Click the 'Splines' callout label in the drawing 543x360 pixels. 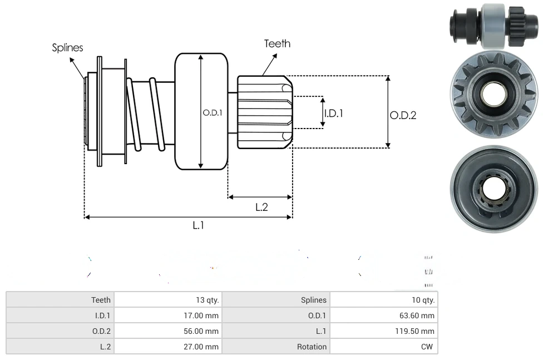pyautogui.click(x=67, y=48)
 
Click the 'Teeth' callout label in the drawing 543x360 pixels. pyautogui.click(x=277, y=43)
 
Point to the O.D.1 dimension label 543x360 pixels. pyautogui.click(x=213, y=112)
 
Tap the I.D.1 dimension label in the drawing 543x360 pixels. pyautogui.click(x=333, y=113)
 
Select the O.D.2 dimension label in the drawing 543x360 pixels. pyautogui.click(x=403, y=115)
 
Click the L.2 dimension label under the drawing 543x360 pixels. pyautogui.click(x=261, y=207)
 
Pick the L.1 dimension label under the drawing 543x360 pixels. pyautogui.click(x=199, y=225)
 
